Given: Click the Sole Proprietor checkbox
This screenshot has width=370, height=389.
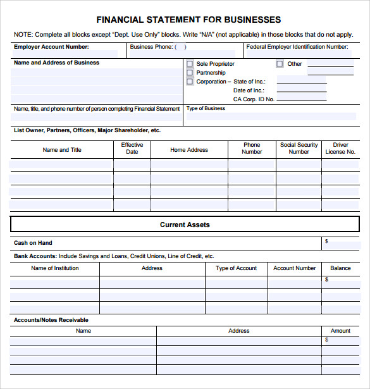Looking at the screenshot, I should (x=190, y=64).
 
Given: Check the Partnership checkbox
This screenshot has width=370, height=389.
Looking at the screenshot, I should (x=190, y=73).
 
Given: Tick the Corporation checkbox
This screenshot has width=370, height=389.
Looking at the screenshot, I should (x=190, y=82).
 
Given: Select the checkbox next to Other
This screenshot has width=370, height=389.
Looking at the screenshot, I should (x=280, y=64).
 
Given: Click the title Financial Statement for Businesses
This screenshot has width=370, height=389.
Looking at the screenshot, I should (x=188, y=20).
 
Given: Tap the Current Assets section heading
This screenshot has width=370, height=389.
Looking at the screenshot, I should (x=185, y=225).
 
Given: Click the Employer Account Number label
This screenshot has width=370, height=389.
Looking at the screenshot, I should (x=51, y=47).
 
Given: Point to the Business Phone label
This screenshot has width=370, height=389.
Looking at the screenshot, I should (x=151, y=47).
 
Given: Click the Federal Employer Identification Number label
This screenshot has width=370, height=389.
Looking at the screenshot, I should (x=297, y=47).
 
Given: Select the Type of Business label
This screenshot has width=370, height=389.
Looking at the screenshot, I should (x=206, y=108).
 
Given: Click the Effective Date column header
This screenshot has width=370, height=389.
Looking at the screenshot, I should (x=132, y=149).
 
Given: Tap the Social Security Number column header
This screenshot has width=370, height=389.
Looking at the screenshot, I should (x=299, y=149).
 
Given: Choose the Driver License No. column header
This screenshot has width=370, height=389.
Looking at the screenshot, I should (x=340, y=149).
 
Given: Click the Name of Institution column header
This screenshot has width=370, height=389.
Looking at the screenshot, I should (x=55, y=268).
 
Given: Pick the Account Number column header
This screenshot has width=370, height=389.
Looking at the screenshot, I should (x=294, y=268).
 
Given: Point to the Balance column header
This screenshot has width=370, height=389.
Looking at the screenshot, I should (x=340, y=268).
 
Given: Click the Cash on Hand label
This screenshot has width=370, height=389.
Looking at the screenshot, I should (x=33, y=243).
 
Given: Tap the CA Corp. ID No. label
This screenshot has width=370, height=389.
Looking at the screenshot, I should (x=254, y=99).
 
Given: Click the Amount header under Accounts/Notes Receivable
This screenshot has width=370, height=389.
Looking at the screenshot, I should (x=340, y=331).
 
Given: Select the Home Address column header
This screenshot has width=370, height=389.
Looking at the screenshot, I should (x=189, y=150).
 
